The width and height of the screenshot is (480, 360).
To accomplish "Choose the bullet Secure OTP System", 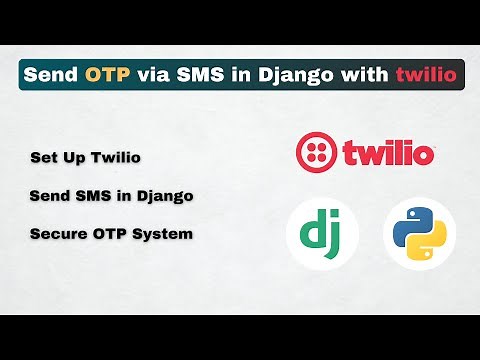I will pyautogui.click(x=111, y=233).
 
